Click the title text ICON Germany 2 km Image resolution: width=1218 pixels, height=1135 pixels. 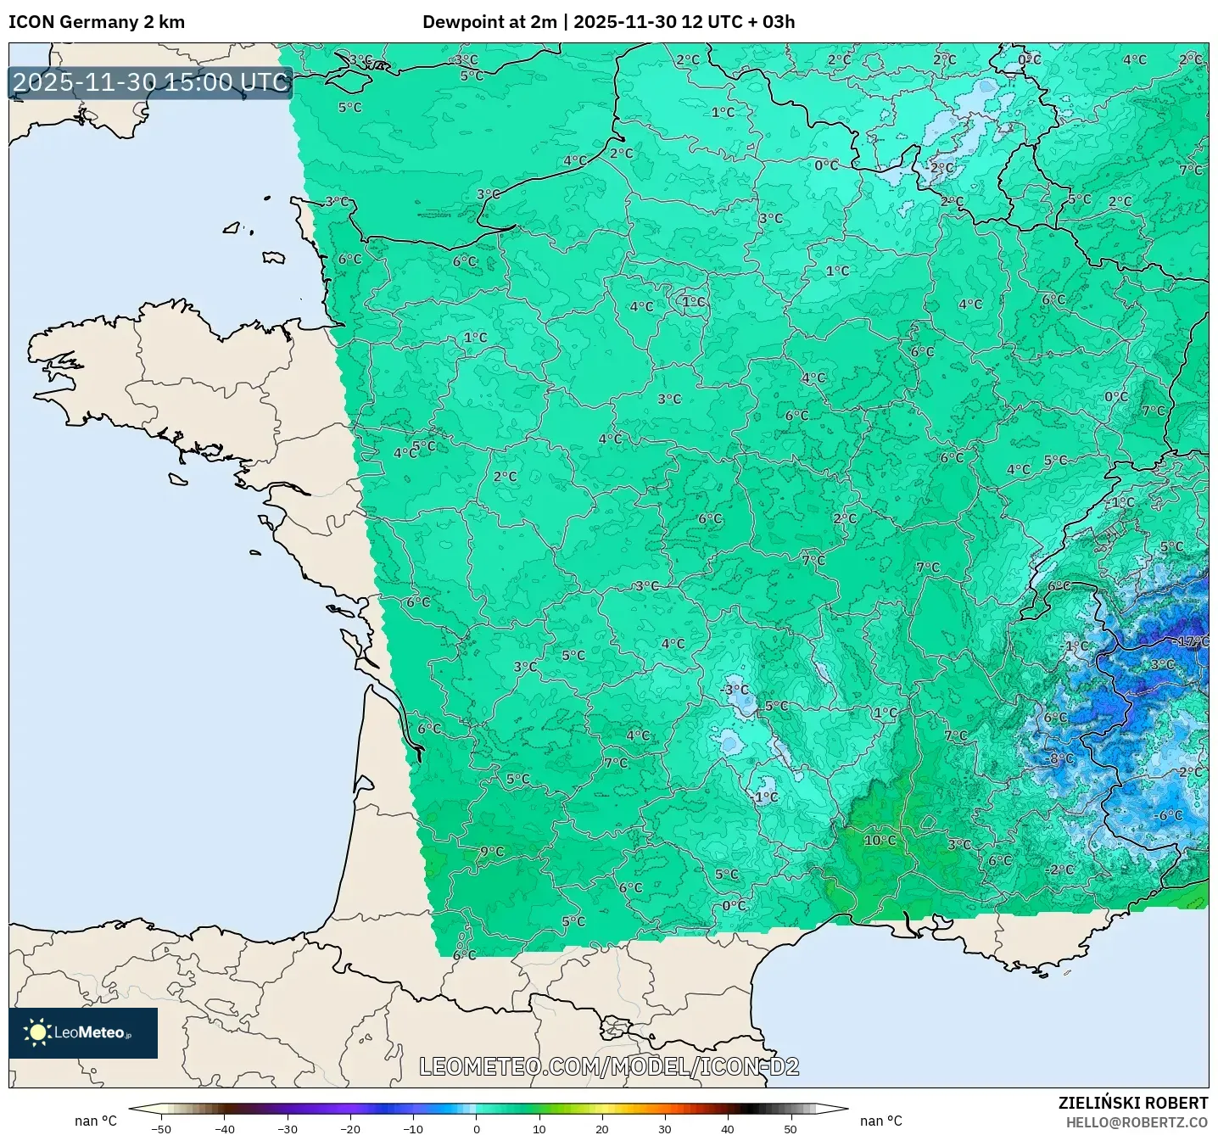[97, 22]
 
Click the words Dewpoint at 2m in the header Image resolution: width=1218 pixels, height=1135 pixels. [489, 22]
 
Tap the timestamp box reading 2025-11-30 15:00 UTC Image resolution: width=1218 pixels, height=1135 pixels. [151, 82]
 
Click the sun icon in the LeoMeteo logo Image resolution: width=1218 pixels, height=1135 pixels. [37, 1032]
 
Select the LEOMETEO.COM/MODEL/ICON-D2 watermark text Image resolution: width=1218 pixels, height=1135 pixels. [609, 1066]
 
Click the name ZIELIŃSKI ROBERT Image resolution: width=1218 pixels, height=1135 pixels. [1132, 1103]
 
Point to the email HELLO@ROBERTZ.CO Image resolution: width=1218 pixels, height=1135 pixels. [1137, 1122]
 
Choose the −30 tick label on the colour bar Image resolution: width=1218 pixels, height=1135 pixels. [287, 1128]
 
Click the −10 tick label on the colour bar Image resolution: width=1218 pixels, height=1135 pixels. [412, 1128]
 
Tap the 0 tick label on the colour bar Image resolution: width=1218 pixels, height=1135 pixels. [477, 1128]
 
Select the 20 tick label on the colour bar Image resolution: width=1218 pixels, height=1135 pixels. [601, 1128]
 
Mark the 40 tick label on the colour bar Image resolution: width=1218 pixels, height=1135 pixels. [727, 1128]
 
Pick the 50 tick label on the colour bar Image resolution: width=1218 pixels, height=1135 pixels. [790, 1128]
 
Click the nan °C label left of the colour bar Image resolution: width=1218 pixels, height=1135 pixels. [96, 1121]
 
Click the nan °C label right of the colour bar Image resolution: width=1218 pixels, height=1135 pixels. [880, 1121]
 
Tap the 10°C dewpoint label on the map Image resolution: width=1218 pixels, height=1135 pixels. [880, 840]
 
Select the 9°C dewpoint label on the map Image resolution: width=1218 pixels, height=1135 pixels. [492, 851]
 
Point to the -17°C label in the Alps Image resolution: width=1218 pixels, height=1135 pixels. [1192, 642]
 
